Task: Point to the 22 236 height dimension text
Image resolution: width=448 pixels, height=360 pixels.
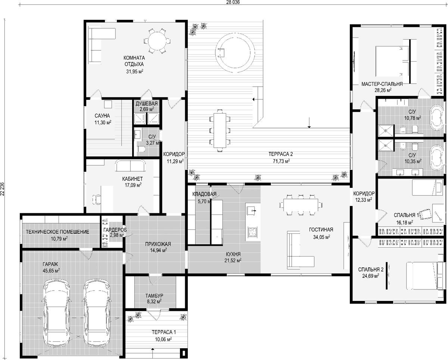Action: (x=2, y=189)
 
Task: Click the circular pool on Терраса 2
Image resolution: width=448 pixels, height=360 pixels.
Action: (x=235, y=53)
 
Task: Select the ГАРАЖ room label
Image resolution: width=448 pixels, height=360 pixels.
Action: (x=50, y=264)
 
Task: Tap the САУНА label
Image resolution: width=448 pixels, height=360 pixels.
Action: (x=102, y=115)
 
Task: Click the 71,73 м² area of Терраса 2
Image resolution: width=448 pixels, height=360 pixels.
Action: (x=281, y=161)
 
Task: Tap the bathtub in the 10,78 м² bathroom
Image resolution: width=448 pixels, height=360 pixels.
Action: (x=436, y=118)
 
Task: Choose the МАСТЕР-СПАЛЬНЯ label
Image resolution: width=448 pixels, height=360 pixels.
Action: (x=382, y=84)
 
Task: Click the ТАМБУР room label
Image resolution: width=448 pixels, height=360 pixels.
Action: (x=154, y=296)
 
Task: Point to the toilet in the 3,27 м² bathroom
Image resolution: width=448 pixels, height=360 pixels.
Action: (x=141, y=149)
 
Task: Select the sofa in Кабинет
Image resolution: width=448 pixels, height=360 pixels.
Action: (x=130, y=165)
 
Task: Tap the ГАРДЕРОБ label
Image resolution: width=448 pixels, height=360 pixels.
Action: (x=115, y=230)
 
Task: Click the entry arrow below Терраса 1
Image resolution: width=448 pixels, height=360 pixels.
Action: (x=153, y=352)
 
